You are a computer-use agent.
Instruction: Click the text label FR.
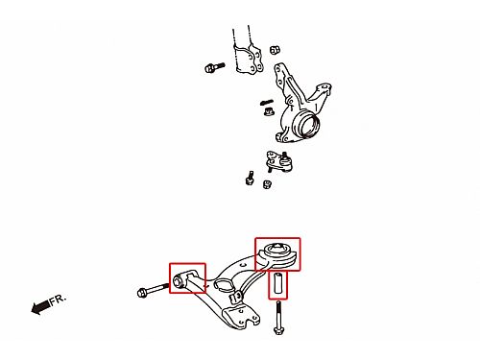(x=58, y=300)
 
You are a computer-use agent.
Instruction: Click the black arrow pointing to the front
(x=40, y=307)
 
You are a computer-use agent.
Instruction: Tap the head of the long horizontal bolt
(x=142, y=293)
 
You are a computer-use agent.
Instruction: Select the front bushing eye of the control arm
(x=179, y=281)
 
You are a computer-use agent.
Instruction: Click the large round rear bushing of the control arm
(x=277, y=253)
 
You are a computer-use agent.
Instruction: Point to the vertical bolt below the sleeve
(x=278, y=317)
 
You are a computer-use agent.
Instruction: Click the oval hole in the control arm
(x=224, y=284)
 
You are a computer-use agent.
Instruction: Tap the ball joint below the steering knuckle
(x=279, y=161)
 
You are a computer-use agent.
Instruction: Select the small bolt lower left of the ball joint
(x=250, y=178)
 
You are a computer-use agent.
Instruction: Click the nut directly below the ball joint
(x=267, y=184)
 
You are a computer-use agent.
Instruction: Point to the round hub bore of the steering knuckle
(x=308, y=124)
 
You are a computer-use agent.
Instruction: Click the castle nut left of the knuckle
(x=268, y=111)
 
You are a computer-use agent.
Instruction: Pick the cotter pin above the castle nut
(x=267, y=103)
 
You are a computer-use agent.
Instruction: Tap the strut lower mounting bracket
(x=249, y=59)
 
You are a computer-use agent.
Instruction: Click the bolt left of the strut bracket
(x=214, y=67)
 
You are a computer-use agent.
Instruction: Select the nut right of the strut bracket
(x=275, y=50)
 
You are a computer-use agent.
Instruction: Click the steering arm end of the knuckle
(x=323, y=90)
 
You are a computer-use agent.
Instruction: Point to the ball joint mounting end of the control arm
(x=241, y=319)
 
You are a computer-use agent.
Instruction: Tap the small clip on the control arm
(x=236, y=297)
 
